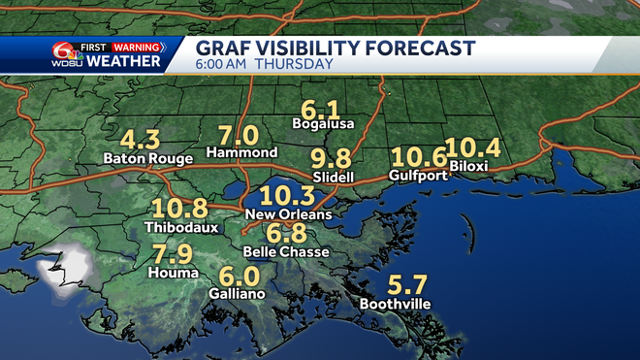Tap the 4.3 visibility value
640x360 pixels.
pyautogui.click(x=140, y=138)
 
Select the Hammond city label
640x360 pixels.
pyautogui.click(x=242, y=152)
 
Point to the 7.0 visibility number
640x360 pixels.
pyautogui.click(x=239, y=134)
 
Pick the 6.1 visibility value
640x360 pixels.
pyautogui.click(x=321, y=107)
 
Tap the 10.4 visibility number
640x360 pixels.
pyautogui.click(x=473, y=147)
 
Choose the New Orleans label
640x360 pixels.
pyautogui.click(x=288, y=213)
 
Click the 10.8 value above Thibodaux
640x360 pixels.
pyautogui.click(x=180, y=207)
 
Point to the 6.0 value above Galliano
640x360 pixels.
pyautogui.click(x=240, y=275)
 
